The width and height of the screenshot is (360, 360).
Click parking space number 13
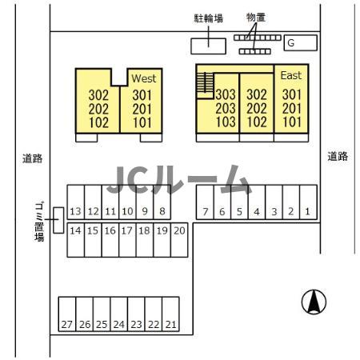pos(76,202)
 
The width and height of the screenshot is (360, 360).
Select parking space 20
pos(179,240)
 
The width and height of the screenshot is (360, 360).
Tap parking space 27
pos(67,314)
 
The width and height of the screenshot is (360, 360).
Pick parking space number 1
pos(308,202)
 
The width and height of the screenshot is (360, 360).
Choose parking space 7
pos(205,202)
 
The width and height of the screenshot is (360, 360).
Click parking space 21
pos(170,314)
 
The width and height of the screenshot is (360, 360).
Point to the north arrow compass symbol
pos(314,302)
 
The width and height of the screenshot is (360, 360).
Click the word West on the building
pos(144,78)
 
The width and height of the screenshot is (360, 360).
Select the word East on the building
pos(291,75)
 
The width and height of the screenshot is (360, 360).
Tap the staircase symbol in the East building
pos(205,86)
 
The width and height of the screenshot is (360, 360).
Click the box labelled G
pos(301,42)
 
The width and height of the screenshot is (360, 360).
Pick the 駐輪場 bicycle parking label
pos(208,18)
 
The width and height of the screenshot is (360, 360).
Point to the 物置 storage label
pos(256,18)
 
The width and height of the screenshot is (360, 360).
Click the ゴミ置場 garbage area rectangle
pos(58,220)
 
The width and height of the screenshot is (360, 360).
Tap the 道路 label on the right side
pos(338,156)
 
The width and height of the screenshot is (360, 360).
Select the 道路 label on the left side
pos(32,158)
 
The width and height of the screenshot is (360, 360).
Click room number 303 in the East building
pos(226,94)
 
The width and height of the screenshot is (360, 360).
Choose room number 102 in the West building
pos(98,122)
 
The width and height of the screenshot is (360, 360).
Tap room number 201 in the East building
pos(292,109)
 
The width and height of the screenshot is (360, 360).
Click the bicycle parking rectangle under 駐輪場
pos(209,46)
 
